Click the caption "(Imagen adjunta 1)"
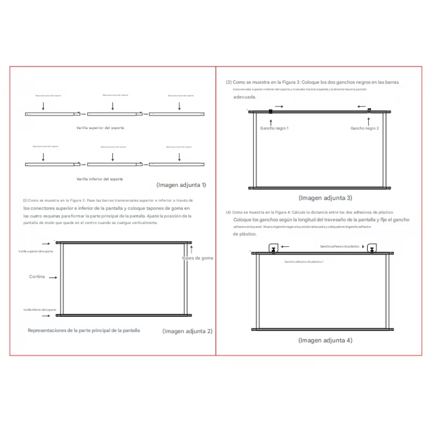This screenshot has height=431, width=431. [181, 185]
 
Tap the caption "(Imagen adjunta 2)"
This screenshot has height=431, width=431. [187, 331]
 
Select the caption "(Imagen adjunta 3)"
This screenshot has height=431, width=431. [325, 198]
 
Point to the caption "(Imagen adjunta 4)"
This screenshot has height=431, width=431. [325, 340]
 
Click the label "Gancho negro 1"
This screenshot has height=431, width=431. [274, 128]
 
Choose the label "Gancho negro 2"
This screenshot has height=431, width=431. [365, 128]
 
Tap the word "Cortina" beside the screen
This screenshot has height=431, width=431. [37, 277]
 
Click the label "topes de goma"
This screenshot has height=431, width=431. [197, 258]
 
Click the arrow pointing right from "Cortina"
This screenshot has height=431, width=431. [53, 278]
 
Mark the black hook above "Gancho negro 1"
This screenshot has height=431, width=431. [271, 112]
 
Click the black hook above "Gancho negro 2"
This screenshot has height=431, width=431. [369, 111]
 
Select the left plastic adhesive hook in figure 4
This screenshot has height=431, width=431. [273, 249]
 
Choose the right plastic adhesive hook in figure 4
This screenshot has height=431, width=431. [372, 249]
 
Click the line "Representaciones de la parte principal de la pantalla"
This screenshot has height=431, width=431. [84, 331]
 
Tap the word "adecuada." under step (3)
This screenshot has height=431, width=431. [244, 97]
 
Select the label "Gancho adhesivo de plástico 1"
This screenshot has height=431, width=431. [304, 262]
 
